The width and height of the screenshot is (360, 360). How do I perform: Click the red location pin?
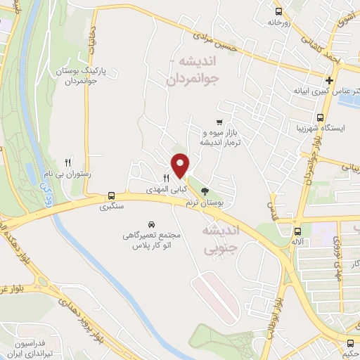tap(181, 165)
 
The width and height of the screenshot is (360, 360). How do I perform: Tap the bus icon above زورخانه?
tap(279, 11)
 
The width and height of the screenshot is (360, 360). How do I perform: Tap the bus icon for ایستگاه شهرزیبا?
tap(320, 118)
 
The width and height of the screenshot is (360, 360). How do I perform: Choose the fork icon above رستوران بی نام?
tap(68, 162)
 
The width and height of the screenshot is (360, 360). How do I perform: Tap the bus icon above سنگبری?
tap(110, 196)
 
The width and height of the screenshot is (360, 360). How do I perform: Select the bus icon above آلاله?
tap(297, 231)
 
